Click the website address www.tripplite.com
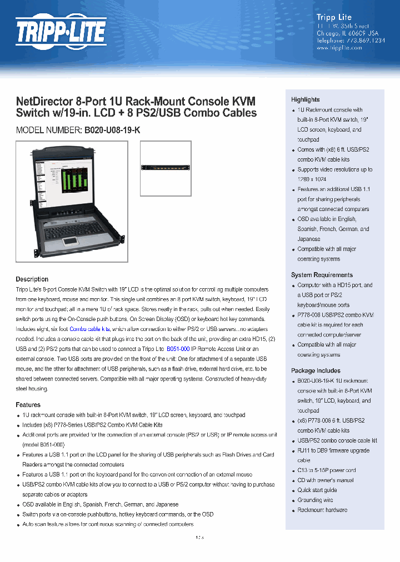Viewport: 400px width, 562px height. click(339, 48)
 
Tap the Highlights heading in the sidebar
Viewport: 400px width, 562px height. click(306, 99)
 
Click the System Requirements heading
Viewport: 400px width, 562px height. click(322, 275)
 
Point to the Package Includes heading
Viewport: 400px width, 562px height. click(316, 370)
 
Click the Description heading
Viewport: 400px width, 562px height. click(32, 279)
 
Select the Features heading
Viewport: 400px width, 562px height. click(28, 405)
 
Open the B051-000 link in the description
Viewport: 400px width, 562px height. click(178, 349)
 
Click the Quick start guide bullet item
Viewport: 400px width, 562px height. click(317, 490)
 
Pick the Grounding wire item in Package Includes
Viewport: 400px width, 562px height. click(315, 500)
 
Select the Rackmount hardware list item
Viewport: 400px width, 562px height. click(322, 510)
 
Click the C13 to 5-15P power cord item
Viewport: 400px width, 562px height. click(327, 470)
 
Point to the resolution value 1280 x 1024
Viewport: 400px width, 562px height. click(312, 179)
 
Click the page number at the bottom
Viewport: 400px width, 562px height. click(200, 538)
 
